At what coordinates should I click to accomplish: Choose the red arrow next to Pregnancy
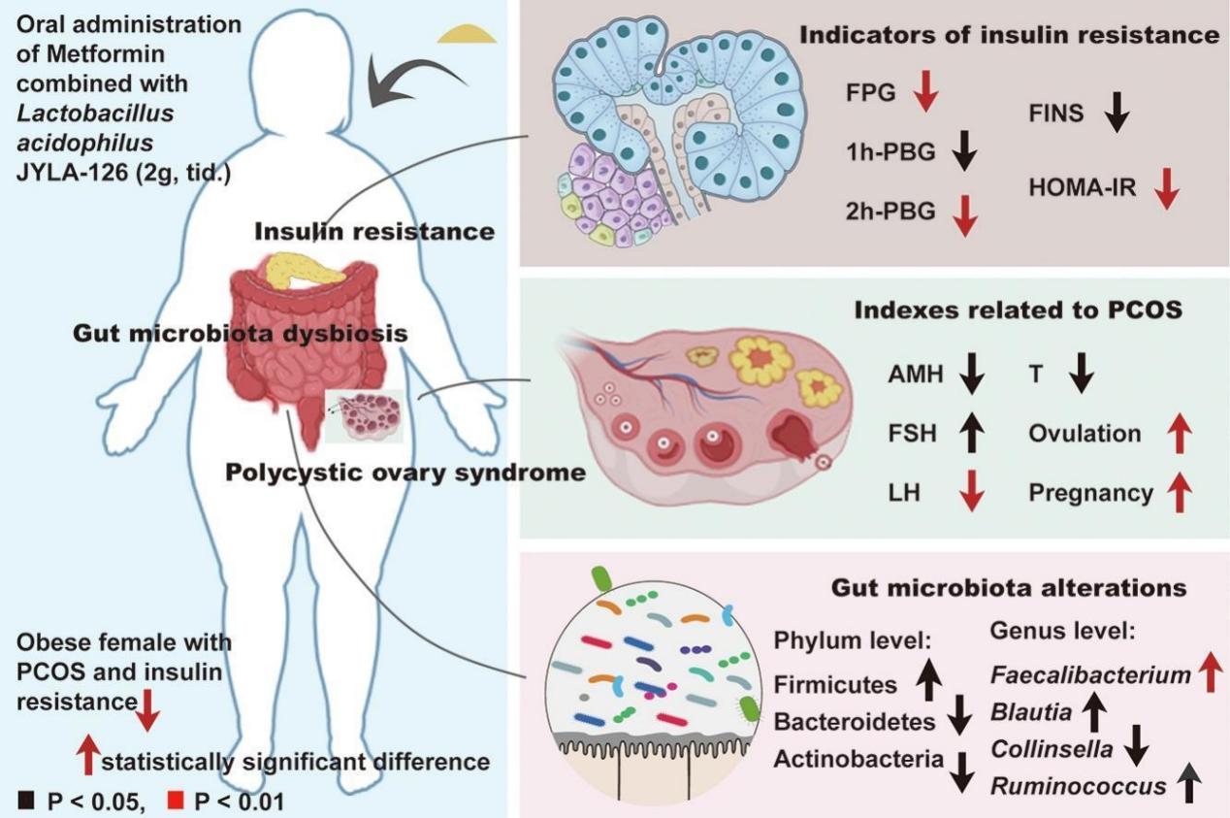point(1179,493)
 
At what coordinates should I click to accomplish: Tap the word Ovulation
point(1084,434)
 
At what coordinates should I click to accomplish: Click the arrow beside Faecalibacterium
point(1211,672)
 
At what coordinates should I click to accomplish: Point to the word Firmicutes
point(835,685)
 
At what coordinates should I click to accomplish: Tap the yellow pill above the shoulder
point(467,34)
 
